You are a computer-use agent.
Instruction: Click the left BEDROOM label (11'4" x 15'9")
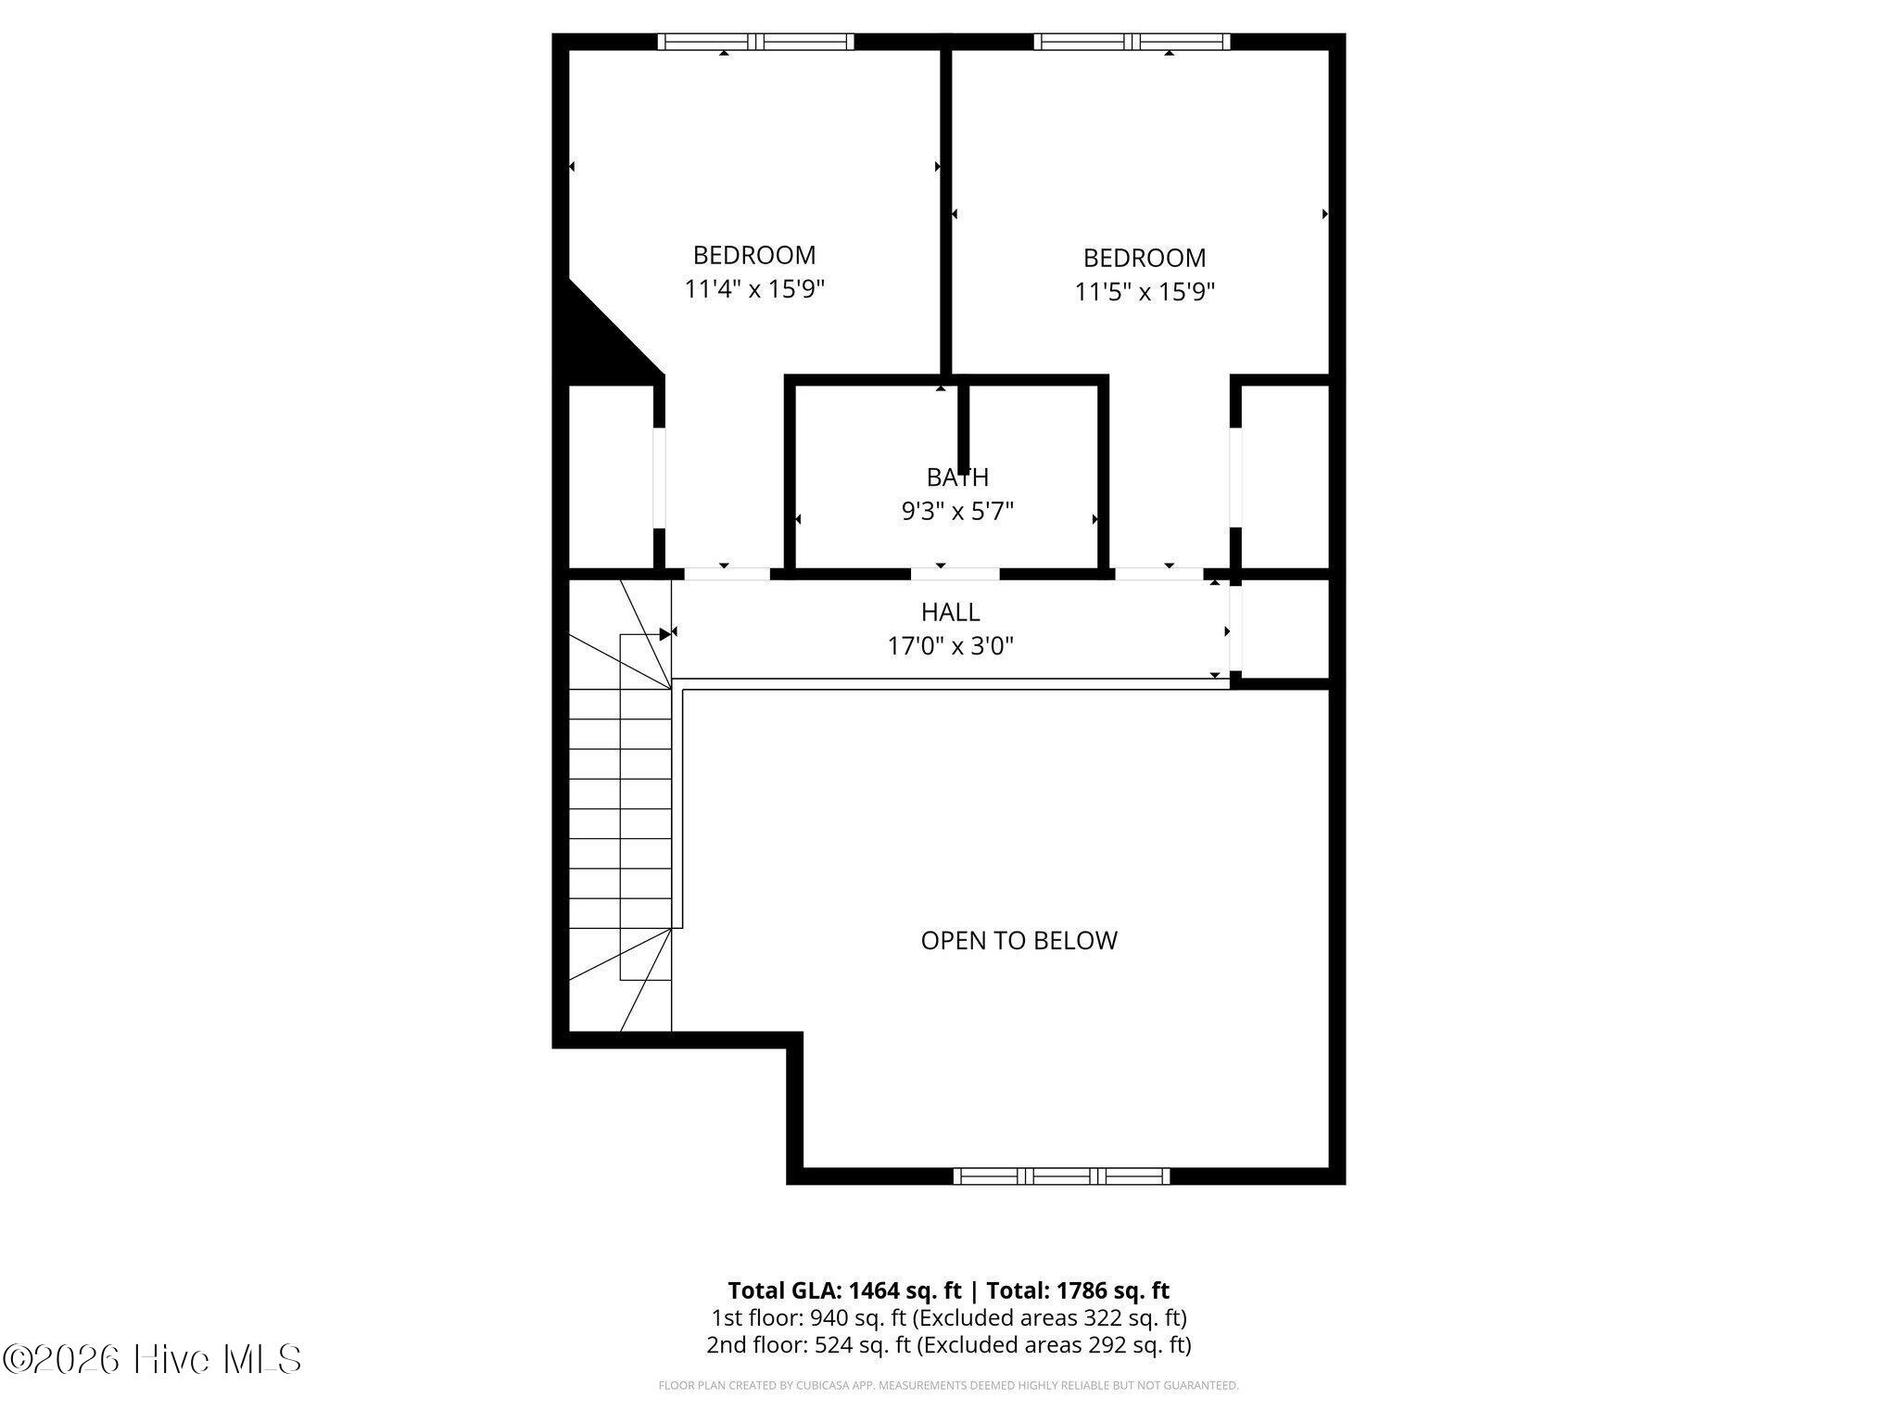754,255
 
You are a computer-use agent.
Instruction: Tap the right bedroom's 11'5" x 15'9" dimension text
1145,292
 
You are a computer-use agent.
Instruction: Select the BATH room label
957,477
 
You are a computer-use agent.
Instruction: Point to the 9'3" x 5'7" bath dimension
957,511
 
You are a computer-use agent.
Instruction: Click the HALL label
950,612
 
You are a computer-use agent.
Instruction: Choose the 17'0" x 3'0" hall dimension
950,645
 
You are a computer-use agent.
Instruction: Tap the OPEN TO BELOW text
1019,940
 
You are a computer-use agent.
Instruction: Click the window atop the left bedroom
755,42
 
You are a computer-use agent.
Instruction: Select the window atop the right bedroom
1132,42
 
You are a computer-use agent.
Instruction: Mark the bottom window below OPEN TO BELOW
1061,1176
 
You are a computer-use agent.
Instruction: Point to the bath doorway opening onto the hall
955,574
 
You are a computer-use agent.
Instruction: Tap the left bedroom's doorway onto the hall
727,574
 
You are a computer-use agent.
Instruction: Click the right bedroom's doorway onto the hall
1158,574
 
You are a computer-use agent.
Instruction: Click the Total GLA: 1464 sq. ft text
844,1290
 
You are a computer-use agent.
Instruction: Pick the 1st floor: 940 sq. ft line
949,1317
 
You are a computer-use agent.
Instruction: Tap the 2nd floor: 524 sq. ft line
949,1344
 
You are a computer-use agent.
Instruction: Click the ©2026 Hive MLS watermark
152,1359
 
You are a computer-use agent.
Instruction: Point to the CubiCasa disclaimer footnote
948,1386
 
